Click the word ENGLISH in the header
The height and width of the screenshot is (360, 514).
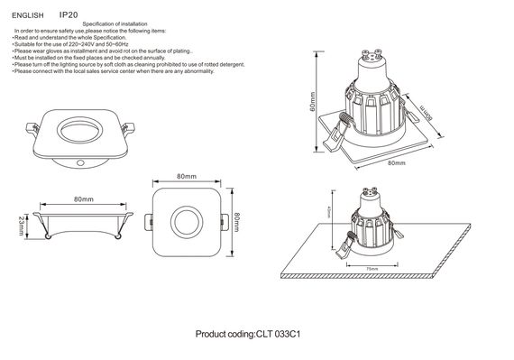click(x=28, y=14)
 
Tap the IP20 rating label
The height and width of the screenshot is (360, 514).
click(x=69, y=14)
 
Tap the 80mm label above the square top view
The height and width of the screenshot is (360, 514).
click(x=187, y=177)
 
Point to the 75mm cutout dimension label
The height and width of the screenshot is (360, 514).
click(x=372, y=269)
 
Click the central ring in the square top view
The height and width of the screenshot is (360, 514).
click(x=187, y=221)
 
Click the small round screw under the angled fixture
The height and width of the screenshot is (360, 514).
click(x=83, y=162)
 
